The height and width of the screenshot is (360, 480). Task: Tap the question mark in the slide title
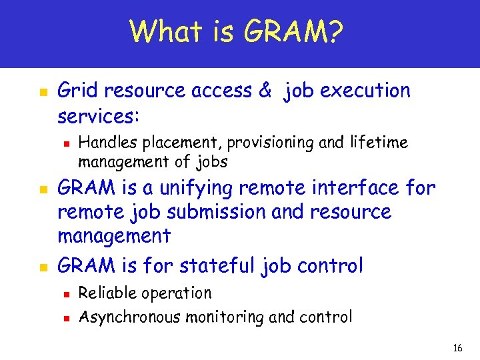337,31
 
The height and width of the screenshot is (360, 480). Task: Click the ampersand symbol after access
265,91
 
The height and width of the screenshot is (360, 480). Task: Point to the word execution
365,91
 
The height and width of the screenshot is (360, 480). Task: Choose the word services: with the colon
99,117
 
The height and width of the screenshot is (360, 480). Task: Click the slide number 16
457,348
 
